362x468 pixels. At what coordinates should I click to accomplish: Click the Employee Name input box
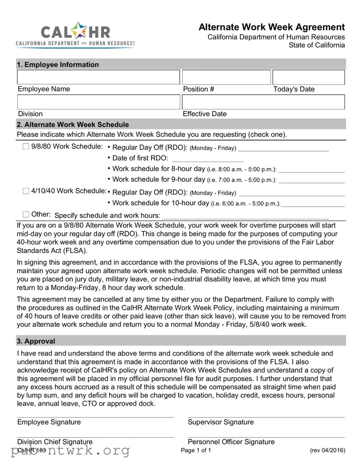tap(98, 77)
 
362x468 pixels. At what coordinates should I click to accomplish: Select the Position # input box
tap(226, 77)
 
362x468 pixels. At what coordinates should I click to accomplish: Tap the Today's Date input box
tap(308, 77)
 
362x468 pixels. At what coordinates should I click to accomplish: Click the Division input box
tap(98, 102)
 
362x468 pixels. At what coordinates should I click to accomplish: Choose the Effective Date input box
tap(264, 102)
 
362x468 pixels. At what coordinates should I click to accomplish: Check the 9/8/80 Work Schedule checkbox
tap(26, 146)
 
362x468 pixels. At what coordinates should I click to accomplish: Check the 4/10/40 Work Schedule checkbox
tap(26, 191)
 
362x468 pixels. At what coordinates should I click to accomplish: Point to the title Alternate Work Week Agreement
tap(272, 27)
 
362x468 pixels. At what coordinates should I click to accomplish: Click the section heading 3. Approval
tap(36, 341)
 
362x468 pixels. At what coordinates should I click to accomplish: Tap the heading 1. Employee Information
tap(58, 65)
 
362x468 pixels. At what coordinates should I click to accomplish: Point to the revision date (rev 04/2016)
tap(327, 451)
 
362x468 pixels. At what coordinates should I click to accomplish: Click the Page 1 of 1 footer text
tap(196, 451)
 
